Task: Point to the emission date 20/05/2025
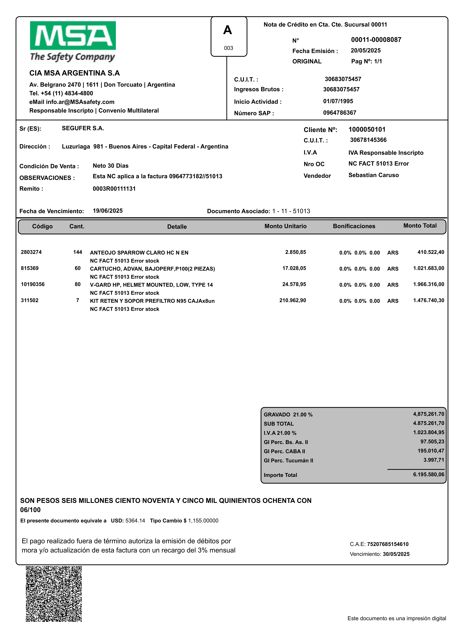point(366,51)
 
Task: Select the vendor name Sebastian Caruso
point(373,175)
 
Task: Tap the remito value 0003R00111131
point(114,189)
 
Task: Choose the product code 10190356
point(33,284)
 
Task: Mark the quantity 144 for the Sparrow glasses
point(78,252)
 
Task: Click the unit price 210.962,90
point(293,300)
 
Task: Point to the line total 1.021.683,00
point(429,268)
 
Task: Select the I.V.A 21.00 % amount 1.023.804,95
point(429,432)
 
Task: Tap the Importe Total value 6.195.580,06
point(429,475)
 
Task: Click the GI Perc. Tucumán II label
point(288,461)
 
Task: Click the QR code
point(54,594)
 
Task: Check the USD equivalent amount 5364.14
point(135,521)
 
